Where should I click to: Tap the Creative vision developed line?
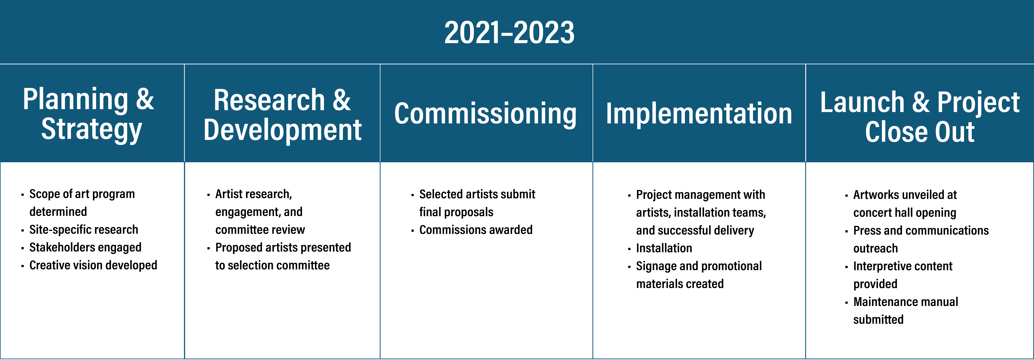click(93, 265)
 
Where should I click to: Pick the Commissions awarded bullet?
click(476, 230)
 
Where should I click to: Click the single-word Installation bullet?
click(664, 248)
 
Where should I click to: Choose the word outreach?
click(875, 248)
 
